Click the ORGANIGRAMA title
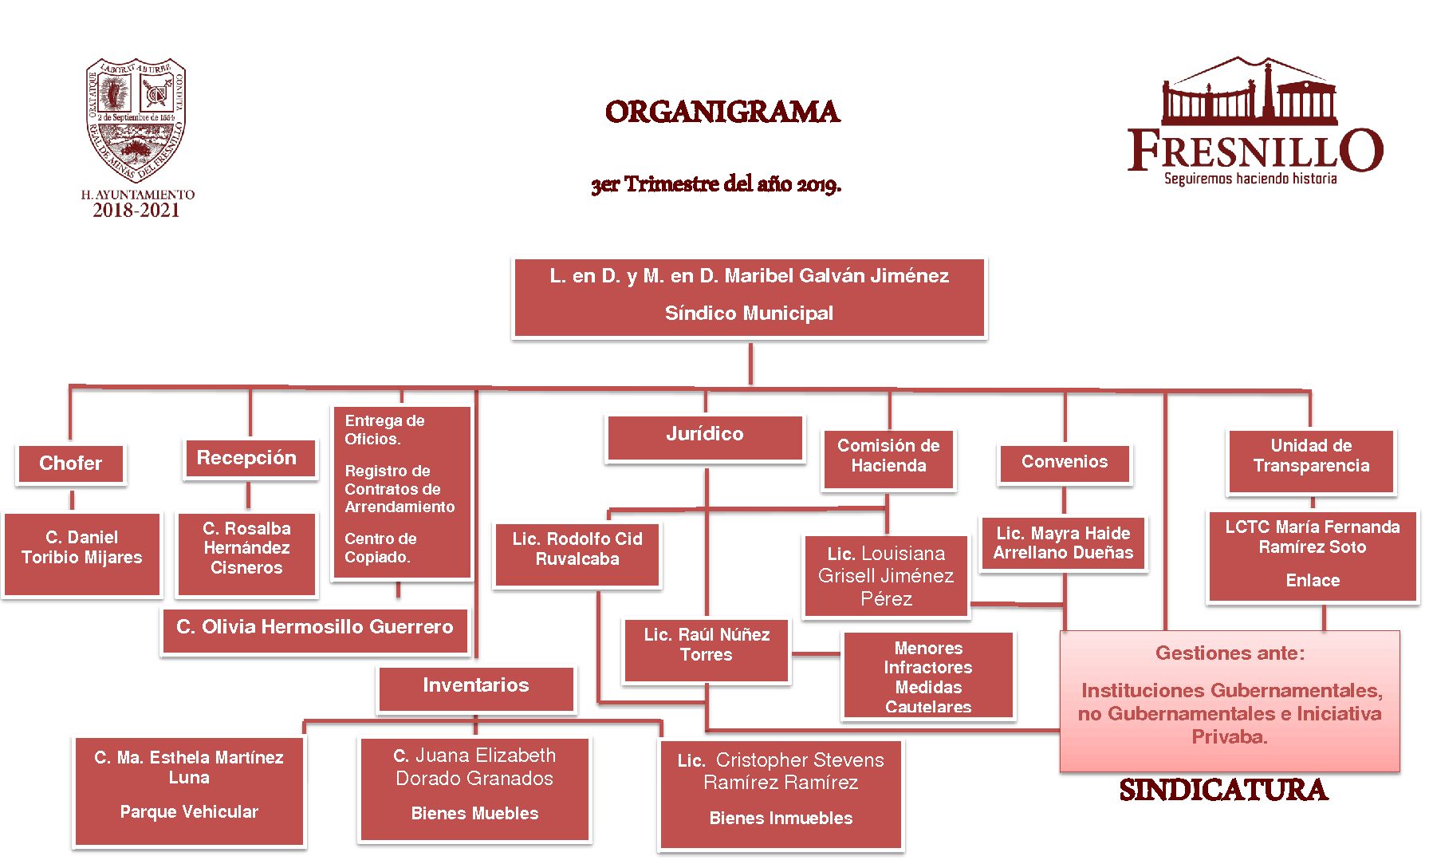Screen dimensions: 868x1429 click(722, 112)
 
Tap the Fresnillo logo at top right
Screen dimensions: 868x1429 click(1254, 124)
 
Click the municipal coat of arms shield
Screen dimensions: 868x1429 click(136, 120)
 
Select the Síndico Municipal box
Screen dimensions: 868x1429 click(749, 297)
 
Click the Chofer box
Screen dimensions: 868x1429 click(71, 464)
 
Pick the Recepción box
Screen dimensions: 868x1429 click(247, 458)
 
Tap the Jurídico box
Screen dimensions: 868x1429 click(705, 436)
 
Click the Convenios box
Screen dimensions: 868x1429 click(1065, 463)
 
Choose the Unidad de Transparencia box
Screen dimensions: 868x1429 click(1311, 460)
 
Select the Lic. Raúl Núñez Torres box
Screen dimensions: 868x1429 click(707, 649)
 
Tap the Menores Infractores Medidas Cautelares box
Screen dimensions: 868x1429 click(928, 677)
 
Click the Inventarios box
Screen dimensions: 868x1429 click(476, 687)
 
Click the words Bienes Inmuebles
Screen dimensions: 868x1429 click(781, 819)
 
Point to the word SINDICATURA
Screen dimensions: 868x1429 click(1223, 791)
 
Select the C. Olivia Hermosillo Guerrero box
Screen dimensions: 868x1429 click(315, 629)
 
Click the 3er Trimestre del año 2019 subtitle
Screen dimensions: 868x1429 click(715, 184)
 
